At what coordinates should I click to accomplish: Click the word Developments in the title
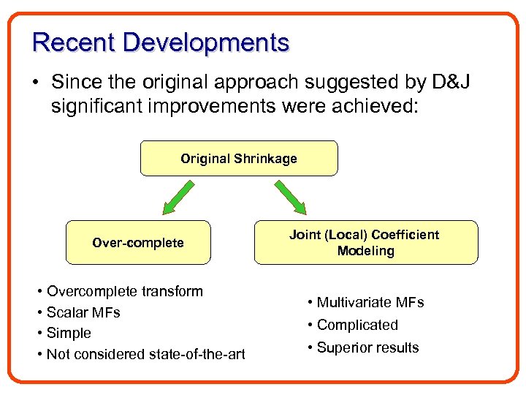[206, 42]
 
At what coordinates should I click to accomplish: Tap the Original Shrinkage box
[239, 159]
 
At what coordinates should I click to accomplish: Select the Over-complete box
[138, 242]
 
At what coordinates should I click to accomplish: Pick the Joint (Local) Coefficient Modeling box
[365, 242]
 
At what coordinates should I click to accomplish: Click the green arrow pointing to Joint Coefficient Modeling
[291, 198]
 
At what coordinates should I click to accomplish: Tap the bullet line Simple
[69, 333]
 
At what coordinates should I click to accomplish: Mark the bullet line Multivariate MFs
[370, 303]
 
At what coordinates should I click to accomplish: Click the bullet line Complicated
[357, 325]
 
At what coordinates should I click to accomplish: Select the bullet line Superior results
[367, 347]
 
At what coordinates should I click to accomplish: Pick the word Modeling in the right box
[365, 251]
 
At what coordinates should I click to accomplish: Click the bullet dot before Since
[36, 83]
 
